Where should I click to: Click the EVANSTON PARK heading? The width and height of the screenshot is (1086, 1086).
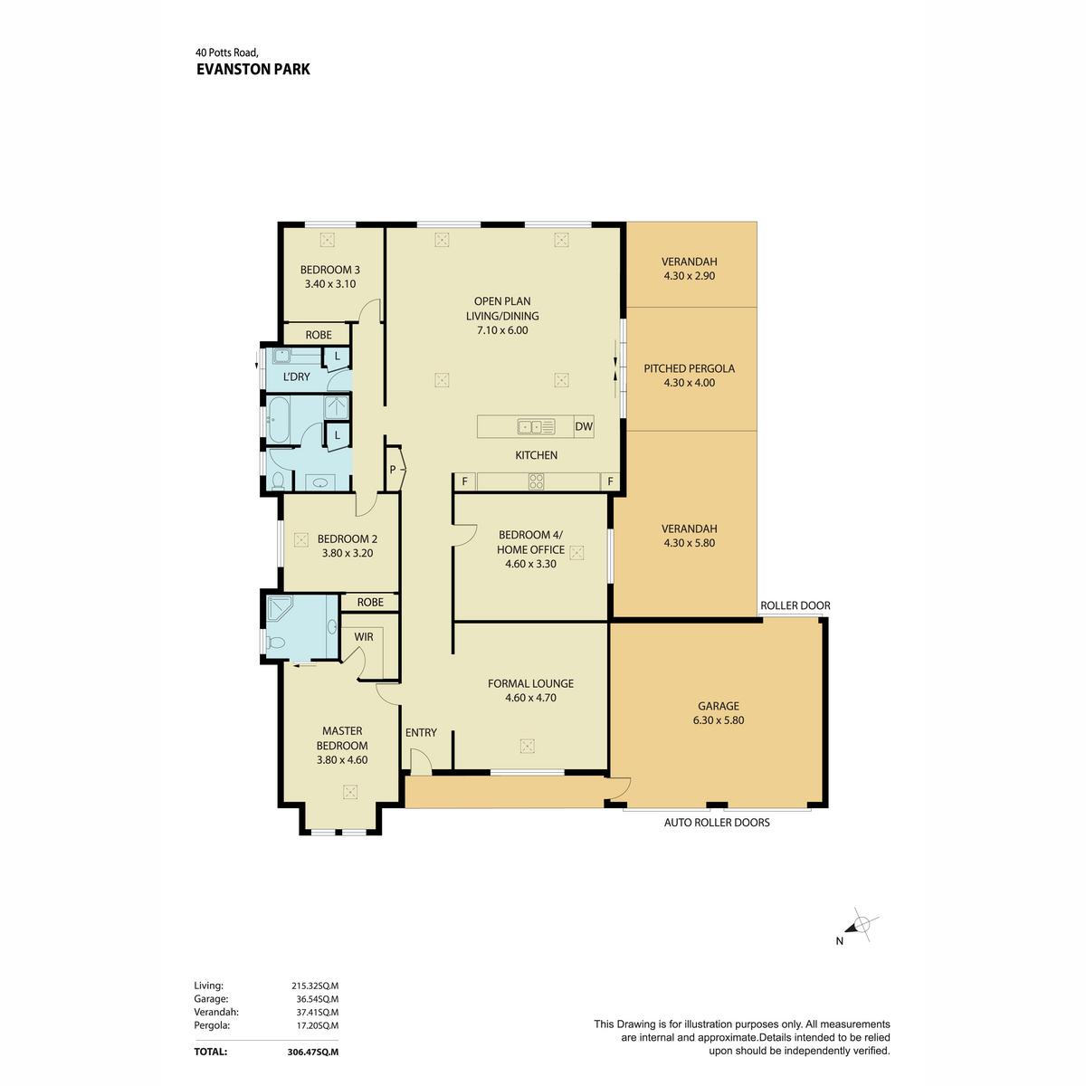253,69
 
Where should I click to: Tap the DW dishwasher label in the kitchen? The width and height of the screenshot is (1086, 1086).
584,426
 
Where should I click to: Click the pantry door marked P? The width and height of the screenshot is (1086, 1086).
395,469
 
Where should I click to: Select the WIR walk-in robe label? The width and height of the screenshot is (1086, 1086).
364,637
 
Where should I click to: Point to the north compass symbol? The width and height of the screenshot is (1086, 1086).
860,926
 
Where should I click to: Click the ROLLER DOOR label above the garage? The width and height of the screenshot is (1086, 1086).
795,605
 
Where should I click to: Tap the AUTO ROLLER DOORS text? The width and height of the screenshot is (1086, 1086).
717,823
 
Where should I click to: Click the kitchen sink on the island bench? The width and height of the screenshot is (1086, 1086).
536,426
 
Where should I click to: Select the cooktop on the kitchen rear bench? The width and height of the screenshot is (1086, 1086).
537,481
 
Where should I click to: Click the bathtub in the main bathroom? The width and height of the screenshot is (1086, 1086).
278,422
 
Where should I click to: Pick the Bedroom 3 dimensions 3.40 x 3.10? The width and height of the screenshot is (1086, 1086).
330,284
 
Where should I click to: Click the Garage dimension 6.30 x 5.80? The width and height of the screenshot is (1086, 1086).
719,720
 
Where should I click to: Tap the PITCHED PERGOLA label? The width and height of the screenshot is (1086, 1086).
689,368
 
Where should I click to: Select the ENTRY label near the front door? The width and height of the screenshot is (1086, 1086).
421,732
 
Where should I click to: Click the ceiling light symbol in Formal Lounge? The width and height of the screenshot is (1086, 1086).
528,746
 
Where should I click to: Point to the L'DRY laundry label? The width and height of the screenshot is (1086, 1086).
296,376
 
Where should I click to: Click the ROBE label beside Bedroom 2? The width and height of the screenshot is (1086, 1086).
369,602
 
